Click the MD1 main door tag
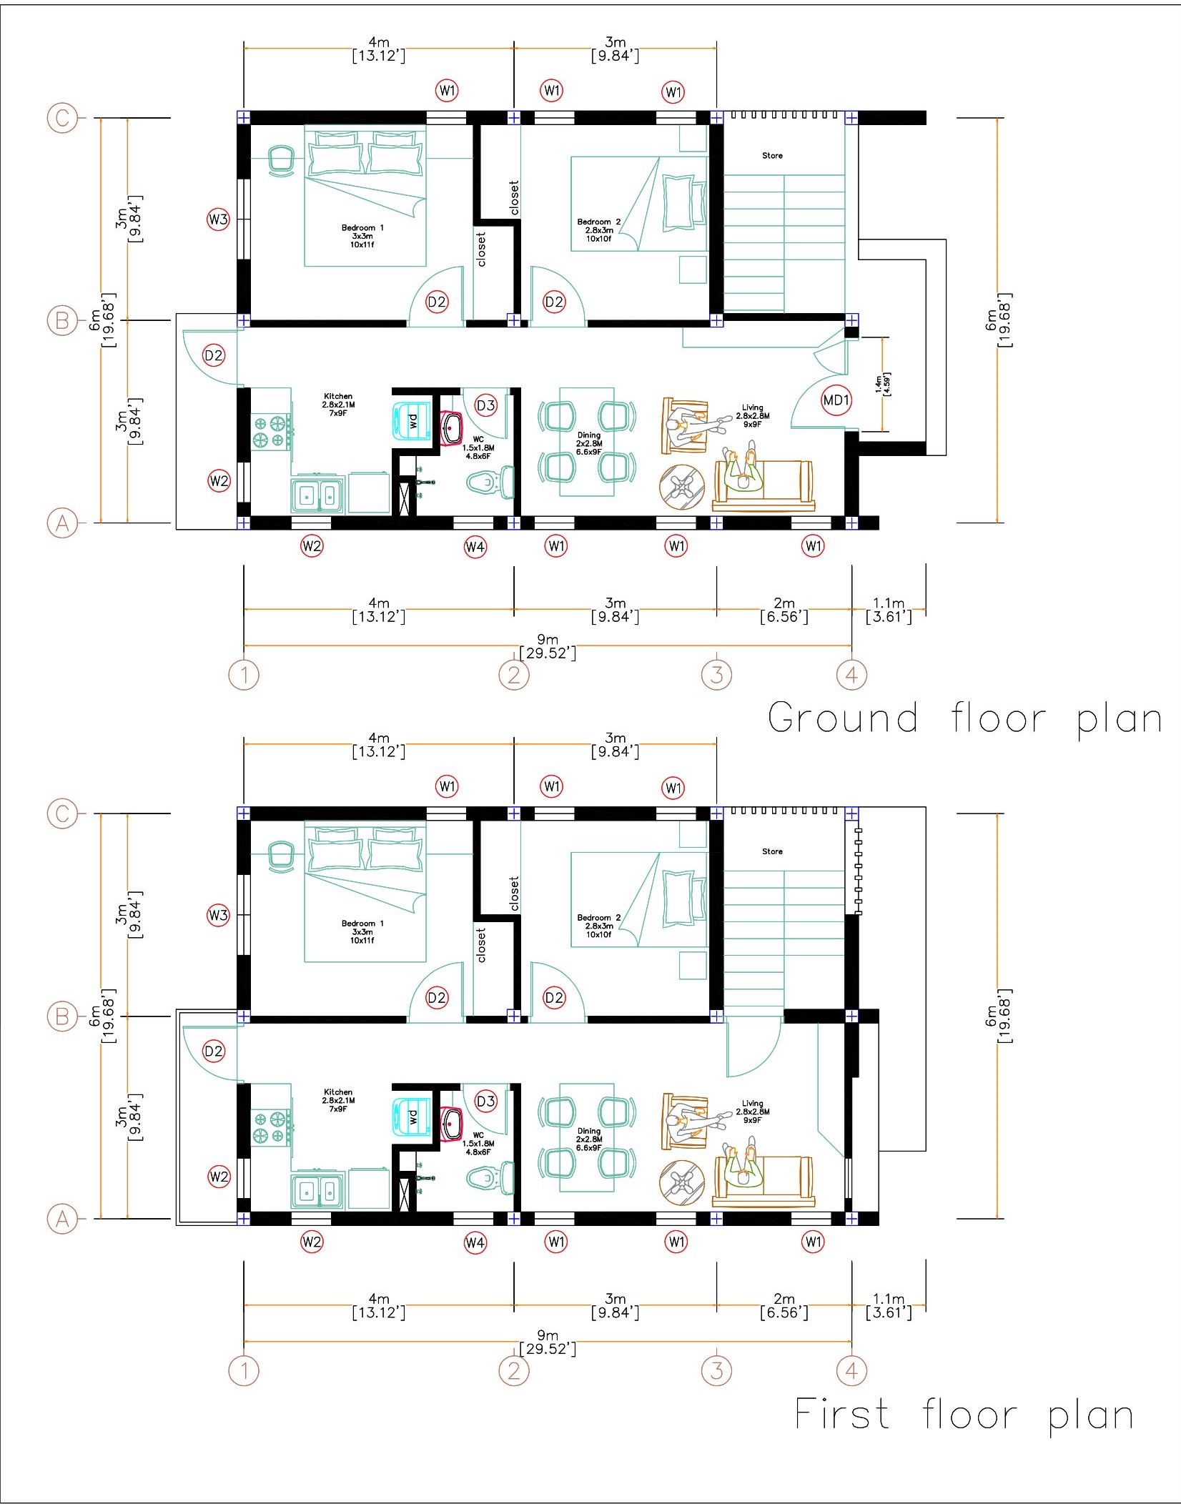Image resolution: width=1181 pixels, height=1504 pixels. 836,400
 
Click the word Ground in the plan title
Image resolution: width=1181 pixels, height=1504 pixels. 843,718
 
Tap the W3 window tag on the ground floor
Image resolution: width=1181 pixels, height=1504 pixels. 218,219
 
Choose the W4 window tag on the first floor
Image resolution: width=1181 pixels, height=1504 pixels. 475,1243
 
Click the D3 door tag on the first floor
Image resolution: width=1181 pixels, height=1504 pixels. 485,1102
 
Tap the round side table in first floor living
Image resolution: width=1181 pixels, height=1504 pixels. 682,1183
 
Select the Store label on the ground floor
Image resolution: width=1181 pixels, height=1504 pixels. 772,155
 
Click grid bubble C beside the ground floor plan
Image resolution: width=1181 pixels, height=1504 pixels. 62,117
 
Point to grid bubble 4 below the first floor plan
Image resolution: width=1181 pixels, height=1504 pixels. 851,1370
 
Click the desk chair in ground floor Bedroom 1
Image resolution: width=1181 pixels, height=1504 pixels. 281,159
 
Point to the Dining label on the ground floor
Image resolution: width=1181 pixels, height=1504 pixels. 589,435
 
